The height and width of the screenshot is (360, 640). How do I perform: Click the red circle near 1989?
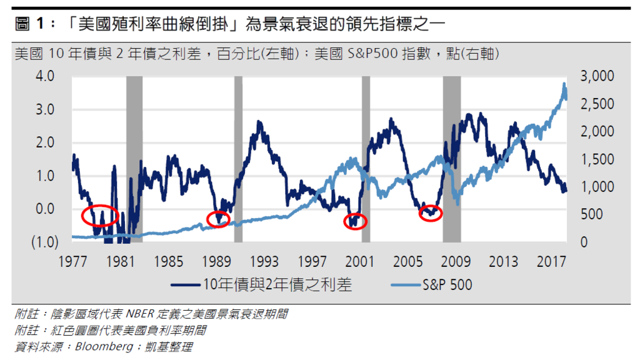click(x=218, y=219)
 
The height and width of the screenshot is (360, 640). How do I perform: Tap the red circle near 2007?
click(x=431, y=212)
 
